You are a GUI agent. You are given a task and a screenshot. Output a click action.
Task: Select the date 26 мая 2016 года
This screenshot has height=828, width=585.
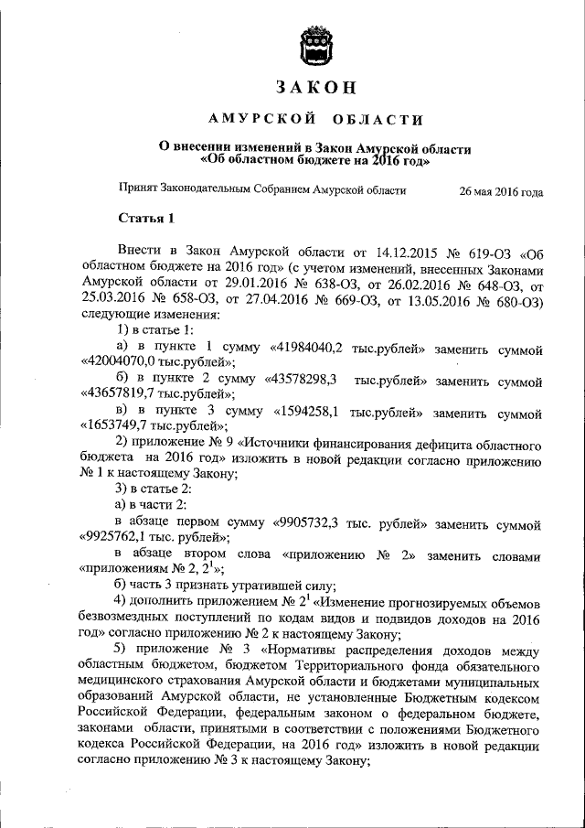(x=501, y=193)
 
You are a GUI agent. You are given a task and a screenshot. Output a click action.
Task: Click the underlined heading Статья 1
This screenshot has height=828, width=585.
(x=146, y=219)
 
